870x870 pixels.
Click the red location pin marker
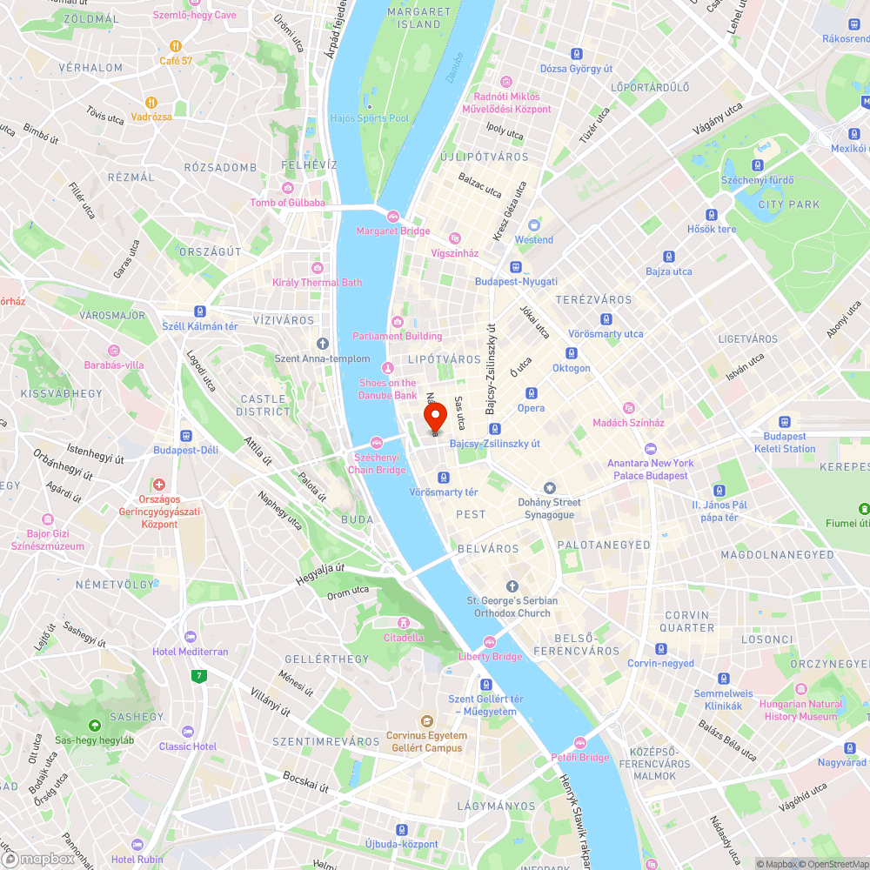tap(435, 417)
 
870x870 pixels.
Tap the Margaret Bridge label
tap(392, 231)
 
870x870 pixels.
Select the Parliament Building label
tap(397, 336)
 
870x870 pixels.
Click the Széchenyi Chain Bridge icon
tap(377, 442)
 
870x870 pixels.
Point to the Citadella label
tap(404, 637)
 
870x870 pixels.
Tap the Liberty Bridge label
tap(490, 656)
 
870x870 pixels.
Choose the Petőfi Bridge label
tap(580, 757)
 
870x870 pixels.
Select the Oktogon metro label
tap(571, 368)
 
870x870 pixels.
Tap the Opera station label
tap(531, 408)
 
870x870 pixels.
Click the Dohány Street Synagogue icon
tap(549, 488)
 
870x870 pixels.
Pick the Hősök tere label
tap(712, 230)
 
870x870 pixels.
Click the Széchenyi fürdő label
tap(757, 180)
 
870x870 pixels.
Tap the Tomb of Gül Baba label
tap(287, 203)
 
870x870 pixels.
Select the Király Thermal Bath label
tap(317, 283)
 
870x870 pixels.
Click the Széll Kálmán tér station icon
tap(200, 311)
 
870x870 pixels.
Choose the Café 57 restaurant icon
tap(176, 45)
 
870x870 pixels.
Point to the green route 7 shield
tap(200, 674)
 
